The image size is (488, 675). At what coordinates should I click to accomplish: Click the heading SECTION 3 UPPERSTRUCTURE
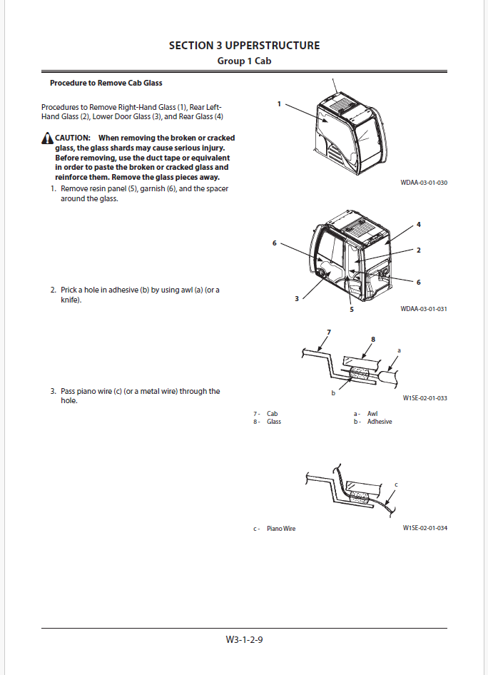click(x=244, y=46)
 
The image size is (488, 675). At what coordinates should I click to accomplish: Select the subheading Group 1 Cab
click(x=244, y=61)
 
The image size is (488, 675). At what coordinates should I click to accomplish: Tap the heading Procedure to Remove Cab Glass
click(x=106, y=83)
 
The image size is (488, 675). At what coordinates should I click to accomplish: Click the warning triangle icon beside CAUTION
click(x=47, y=138)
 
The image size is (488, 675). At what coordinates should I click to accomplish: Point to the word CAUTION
click(x=73, y=138)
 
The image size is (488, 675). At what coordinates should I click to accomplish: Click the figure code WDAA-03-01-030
click(x=424, y=183)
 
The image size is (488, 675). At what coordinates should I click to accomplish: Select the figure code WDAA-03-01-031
click(x=424, y=309)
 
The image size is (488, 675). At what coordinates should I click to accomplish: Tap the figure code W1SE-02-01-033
click(x=425, y=397)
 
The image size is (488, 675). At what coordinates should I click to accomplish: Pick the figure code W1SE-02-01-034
click(x=425, y=528)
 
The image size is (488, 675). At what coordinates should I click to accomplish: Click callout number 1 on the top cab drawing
click(x=279, y=104)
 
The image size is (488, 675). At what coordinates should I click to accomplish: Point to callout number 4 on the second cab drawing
click(x=419, y=225)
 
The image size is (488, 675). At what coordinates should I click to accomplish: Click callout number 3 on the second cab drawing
click(x=297, y=299)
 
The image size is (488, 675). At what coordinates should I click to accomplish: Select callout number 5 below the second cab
click(x=352, y=310)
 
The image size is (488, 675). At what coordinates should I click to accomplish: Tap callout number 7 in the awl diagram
click(x=329, y=333)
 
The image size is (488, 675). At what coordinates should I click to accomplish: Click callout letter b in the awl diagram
click(x=333, y=393)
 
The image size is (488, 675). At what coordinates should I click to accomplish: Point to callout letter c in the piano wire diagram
click(x=396, y=484)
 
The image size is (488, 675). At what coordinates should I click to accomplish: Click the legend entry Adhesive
click(x=380, y=422)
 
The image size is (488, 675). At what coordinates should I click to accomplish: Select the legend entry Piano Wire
click(x=281, y=529)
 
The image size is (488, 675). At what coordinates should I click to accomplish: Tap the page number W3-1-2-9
click(x=244, y=639)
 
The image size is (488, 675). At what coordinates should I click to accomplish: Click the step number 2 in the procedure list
click(x=53, y=290)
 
